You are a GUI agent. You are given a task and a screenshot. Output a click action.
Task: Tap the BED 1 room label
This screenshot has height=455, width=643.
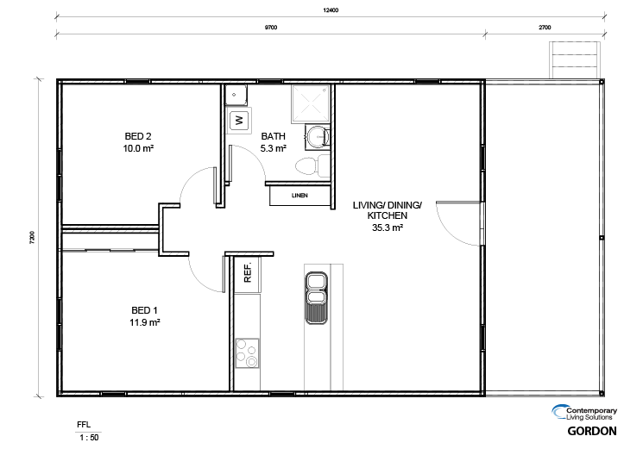(144, 310)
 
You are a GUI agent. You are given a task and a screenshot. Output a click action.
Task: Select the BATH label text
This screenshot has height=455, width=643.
(273, 136)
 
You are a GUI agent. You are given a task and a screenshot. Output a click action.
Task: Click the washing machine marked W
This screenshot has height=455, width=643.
(239, 120)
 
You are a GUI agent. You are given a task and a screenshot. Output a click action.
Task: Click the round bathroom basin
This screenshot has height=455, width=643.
(318, 135)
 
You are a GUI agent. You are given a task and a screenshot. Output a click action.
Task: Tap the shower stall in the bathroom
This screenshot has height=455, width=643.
(311, 103)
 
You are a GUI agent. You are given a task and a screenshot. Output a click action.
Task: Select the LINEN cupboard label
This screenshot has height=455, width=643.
(299, 196)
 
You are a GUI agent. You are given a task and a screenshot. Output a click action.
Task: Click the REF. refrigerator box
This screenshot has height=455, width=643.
(248, 274)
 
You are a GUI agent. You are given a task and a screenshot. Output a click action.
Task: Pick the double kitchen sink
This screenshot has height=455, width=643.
(316, 298)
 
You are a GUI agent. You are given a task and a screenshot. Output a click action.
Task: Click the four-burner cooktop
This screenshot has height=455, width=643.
(248, 353)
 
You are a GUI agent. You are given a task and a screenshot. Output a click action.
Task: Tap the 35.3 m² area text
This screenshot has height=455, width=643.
(388, 227)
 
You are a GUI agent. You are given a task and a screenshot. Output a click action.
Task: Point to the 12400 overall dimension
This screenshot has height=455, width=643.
(331, 10)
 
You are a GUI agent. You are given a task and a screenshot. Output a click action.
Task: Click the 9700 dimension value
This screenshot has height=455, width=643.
(271, 28)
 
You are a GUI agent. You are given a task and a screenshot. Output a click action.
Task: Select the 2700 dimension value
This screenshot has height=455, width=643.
(545, 28)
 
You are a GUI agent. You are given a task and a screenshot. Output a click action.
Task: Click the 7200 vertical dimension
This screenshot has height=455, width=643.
(33, 238)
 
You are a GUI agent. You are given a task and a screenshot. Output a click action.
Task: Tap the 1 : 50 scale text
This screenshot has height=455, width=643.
(89, 438)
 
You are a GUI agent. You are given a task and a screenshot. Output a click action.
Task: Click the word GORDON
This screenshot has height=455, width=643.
(592, 431)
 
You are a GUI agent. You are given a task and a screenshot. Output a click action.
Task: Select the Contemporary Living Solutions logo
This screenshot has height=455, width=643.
(584, 413)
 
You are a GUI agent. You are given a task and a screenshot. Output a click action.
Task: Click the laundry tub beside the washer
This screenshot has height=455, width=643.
(236, 95)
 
